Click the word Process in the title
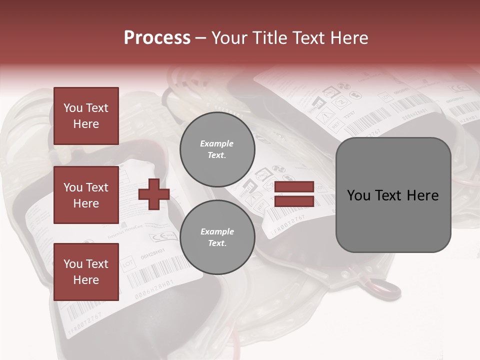tap(157, 37)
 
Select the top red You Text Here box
tap(86, 116)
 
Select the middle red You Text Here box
tap(86, 195)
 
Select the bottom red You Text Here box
tap(86, 271)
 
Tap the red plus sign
tap(154, 194)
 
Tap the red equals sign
tap(294, 194)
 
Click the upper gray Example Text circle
tap(217, 149)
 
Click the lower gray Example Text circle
tap(217, 237)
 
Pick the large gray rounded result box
tap(393, 195)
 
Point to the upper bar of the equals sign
tap(294, 187)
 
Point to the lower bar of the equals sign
tap(294, 201)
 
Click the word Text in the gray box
tap(390, 195)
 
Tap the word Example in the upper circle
tap(217, 143)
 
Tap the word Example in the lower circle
tap(217, 231)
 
